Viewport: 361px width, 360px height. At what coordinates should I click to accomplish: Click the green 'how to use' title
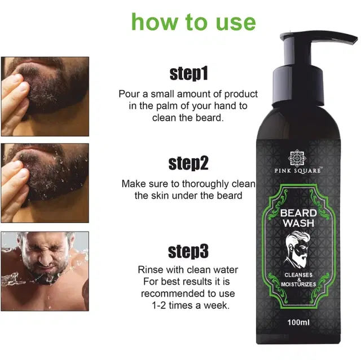click(x=193, y=22)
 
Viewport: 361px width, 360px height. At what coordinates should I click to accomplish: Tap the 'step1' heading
click(x=188, y=74)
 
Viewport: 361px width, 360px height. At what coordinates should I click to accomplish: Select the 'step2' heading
click(x=188, y=163)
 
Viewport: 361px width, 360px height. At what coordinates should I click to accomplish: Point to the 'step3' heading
click(x=188, y=251)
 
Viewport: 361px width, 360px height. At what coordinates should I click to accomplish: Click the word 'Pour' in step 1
click(x=129, y=94)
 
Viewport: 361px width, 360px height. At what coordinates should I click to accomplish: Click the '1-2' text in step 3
click(x=159, y=305)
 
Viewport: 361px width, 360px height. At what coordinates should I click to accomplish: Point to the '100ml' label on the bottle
click(x=298, y=322)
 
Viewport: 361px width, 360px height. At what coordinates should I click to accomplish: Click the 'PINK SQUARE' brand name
click(x=298, y=170)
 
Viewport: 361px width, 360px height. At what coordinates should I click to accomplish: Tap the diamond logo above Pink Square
click(x=297, y=158)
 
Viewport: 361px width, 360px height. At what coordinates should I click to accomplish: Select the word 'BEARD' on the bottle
click(x=298, y=213)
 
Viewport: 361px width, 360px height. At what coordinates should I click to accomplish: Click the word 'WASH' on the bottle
click(x=298, y=223)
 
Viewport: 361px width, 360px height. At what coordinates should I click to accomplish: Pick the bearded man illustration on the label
click(x=296, y=250)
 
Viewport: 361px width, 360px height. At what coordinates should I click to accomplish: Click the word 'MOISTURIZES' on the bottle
click(x=298, y=284)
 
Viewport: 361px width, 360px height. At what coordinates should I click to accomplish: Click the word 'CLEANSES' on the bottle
click(x=298, y=275)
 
